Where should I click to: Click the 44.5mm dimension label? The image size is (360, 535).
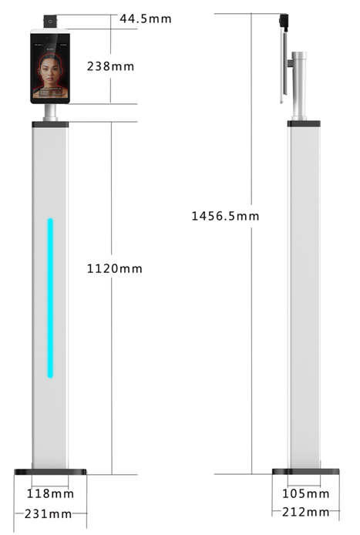coord(146,19)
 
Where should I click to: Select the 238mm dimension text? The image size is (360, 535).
coord(110,66)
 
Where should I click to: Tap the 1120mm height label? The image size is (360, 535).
coord(115,268)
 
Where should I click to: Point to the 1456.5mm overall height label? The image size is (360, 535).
coord(225,216)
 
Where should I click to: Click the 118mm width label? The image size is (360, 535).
coord(50,493)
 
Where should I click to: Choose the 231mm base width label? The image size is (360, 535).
coord(48,514)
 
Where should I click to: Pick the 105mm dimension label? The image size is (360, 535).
coord(306,493)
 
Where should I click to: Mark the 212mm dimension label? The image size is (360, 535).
coord(306,512)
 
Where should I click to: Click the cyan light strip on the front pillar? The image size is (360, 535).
coord(50,298)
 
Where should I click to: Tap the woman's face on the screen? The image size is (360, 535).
coord(50,72)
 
